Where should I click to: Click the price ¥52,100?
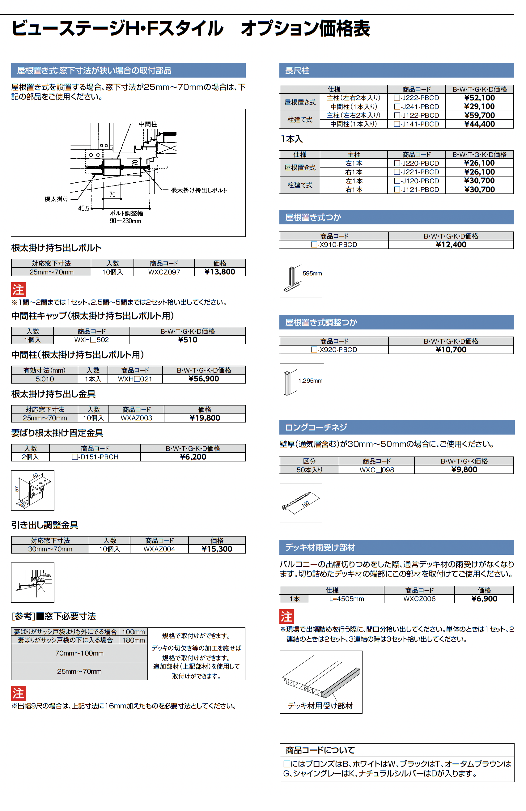[x=479, y=98]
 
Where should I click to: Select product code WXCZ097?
[x=164, y=272]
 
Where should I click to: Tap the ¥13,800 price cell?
[x=219, y=272]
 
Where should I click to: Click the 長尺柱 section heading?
[x=297, y=70]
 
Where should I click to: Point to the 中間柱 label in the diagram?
[x=148, y=124]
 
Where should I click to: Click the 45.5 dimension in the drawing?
[x=83, y=208]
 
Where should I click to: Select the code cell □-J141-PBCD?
[x=416, y=124]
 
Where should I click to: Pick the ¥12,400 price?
[x=451, y=245]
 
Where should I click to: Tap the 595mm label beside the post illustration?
[x=312, y=273]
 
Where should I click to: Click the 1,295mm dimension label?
[x=310, y=381]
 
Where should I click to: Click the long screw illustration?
[x=296, y=501]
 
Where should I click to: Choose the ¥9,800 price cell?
[x=464, y=469]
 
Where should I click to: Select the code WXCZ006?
[x=419, y=599]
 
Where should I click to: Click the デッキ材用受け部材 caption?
[x=320, y=706]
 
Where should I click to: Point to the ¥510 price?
[x=187, y=340]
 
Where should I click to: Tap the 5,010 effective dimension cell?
[x=45, y=379]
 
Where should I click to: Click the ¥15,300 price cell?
[x=217, y=549]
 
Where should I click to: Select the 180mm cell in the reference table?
[x=133, y=640]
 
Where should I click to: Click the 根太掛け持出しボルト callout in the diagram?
[x=199, y=190]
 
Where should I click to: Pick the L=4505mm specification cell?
[x=346, y=599]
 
